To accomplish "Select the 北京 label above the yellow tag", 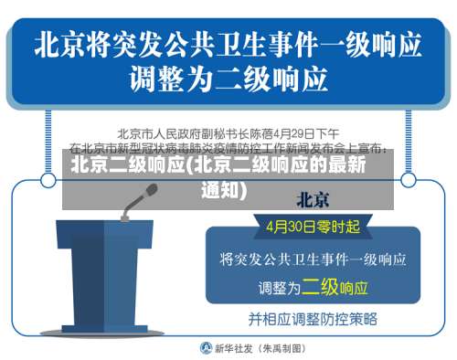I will pyautogui.click(x=313, y=200).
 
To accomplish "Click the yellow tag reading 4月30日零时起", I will pyautogui.click(x=313, y=225).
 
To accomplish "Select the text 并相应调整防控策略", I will pyautogui.click(x=313, y=319).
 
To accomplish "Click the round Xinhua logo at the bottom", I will pyautogui.click(x=207, y=348).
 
